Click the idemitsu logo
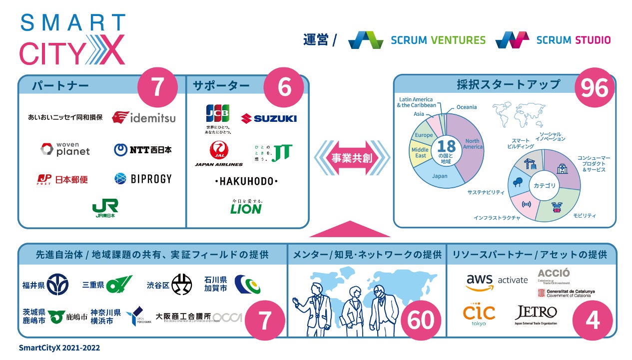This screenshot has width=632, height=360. (x=144, y=118)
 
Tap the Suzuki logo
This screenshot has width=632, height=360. (x=268, y=118)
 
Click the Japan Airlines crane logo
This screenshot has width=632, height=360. (x=218, y=150)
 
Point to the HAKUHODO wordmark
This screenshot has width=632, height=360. (x=246, y=181)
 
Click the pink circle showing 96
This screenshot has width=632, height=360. (x=595, y=88)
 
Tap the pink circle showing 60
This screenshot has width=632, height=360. (x=421, y=320)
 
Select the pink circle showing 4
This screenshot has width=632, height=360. (x=592, y=320)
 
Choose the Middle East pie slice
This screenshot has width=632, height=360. (x=420, y=152)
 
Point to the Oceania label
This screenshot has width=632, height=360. (x=466, y=107)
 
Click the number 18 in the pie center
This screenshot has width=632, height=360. (x=446, y=146)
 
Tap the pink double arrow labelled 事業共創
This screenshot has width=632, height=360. (x=352, y=158)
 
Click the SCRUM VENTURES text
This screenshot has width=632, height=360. (x=438, y=40)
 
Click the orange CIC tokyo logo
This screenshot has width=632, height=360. (x=479, y=314)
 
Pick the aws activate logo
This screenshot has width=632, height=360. (x=497, y=281)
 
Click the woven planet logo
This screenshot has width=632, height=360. (x=65, y=149)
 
